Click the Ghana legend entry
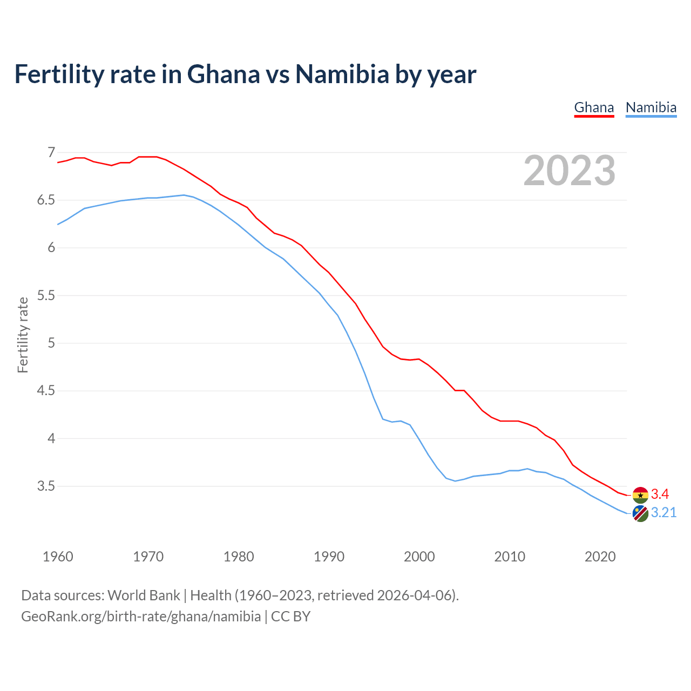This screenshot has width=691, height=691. [594, 107]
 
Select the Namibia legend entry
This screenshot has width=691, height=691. [651, 107]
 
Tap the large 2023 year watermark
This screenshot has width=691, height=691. [570, 171]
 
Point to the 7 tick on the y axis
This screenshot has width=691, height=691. [51, 153]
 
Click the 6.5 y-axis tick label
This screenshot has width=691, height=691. [46, 200]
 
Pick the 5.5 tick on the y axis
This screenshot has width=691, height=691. [46, 296]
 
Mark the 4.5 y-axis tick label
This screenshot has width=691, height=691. [46, 391]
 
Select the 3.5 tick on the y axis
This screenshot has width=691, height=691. [46, 486]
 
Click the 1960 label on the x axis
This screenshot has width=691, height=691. [58, 557]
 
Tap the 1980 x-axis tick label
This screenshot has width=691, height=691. [239, 557]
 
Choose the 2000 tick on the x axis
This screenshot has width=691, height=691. [419, 557]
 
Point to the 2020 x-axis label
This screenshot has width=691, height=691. [600, 557]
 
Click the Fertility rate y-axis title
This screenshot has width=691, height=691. [23, 335]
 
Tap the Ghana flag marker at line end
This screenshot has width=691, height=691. [640, 494]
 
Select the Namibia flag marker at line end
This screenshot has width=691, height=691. [640, 513]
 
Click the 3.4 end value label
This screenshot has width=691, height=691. [660, 494]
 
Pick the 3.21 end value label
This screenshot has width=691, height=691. [663, 513]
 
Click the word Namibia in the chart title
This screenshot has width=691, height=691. [341, 74]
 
